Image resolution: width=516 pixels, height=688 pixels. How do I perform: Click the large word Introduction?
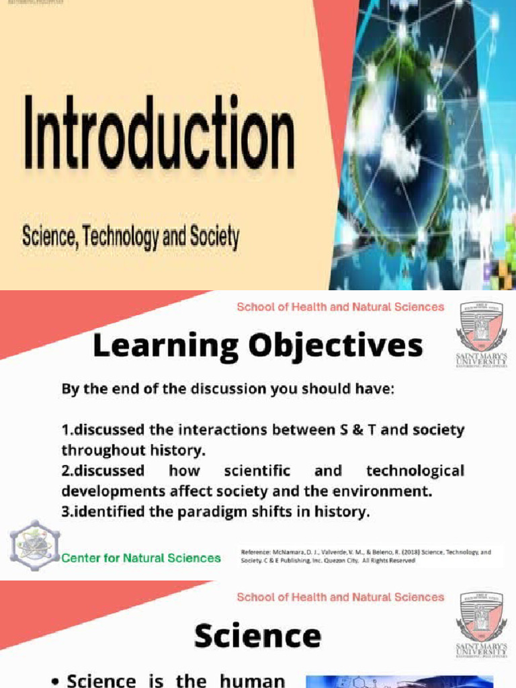coord(159,133)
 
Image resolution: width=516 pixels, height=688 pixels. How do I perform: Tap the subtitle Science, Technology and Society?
coord(130,237)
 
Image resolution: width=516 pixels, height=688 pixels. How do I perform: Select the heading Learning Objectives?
coord(258,347)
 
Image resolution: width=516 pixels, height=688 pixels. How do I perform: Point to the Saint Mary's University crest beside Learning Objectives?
coord(480,326)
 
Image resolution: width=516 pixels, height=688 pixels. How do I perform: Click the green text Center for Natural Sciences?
coord(141,558)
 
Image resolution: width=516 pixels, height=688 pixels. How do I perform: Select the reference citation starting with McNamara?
coord(366,556)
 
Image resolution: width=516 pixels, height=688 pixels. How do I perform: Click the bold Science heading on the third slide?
coord(257,636)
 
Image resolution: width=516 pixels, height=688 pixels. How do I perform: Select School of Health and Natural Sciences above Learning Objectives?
coord(340,307)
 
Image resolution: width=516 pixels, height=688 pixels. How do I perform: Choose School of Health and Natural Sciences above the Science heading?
coord(340,597)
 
